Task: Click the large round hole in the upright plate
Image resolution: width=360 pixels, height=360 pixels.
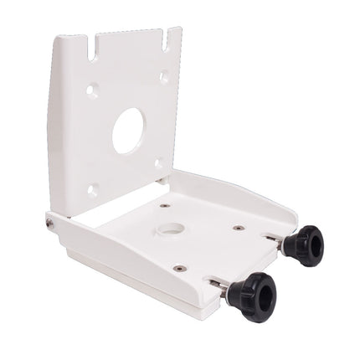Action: coord(129,131)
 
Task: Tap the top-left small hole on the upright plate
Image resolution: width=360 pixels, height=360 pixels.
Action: coord(91,89)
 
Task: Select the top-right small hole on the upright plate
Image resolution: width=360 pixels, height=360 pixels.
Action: coord(164,77)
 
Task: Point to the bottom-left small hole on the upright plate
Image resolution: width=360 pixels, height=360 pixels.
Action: coord(93,189)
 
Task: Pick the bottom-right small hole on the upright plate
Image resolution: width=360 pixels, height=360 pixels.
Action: coord(159,163)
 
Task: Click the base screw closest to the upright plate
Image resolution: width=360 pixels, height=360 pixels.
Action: coord(165,205)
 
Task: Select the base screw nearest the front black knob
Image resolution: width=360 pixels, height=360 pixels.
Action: coord(178,268)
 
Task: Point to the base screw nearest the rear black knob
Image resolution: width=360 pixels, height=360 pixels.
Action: coord(239,228)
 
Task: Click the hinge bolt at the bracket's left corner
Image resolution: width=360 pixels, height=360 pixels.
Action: coord(50,222)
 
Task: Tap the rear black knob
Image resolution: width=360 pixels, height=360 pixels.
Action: coord(301,243)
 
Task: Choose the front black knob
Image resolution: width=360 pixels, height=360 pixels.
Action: coord(250,291)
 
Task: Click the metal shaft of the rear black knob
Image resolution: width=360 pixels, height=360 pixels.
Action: coord(275,240)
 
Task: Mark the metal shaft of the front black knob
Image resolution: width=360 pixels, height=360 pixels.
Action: coord(219,287)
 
